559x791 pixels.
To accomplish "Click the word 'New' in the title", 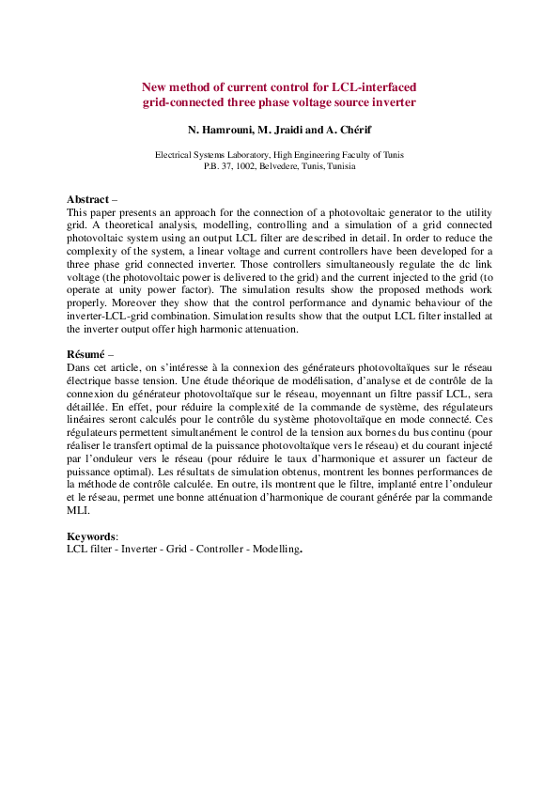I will [154, 86].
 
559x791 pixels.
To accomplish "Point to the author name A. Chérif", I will [355, 128].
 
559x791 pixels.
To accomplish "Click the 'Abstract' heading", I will [88, 200].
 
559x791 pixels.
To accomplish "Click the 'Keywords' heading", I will [91, 535].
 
